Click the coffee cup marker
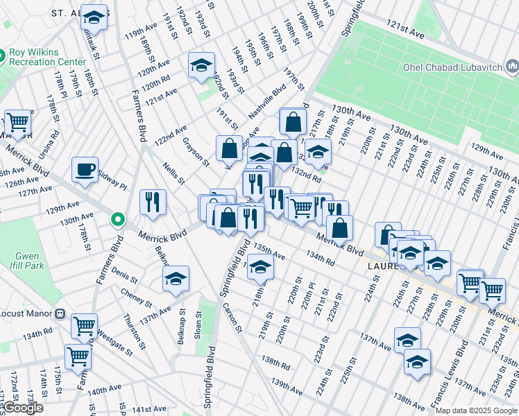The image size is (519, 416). click(85, 169)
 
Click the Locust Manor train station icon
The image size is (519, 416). click(60, 313)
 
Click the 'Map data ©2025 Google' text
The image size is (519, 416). click(475, 410)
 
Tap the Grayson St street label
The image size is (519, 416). click(196, 150)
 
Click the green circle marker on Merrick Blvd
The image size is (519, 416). click(118, 220)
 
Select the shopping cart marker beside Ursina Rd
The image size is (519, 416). click(17, 122)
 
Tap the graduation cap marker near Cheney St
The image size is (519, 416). click(176, 279)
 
